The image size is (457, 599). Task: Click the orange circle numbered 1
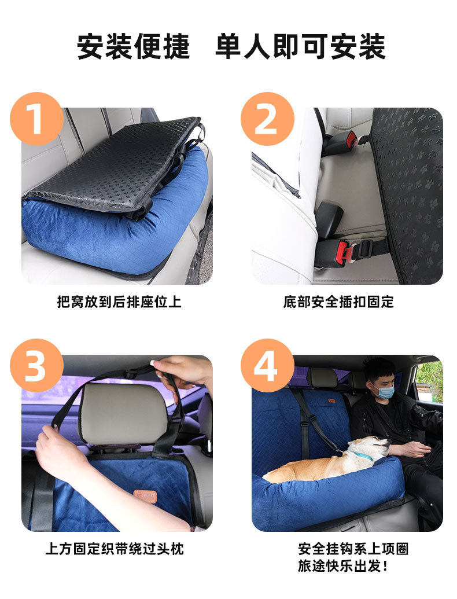tap(36, 119)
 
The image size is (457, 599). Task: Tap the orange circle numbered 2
tap(267, 119)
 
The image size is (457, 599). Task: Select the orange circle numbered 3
tap(36, 366)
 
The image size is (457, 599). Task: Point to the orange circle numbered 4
tap(267, 366)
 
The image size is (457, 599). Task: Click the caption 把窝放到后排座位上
tap(119, 302)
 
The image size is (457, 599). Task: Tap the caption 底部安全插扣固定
tap(338, 302)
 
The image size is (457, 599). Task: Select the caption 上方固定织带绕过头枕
tap(115, 549)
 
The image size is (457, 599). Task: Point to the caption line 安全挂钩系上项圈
tap(353, 549)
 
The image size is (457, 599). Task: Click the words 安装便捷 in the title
tap(133, 47)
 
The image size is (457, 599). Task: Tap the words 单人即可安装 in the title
tap(300, 47)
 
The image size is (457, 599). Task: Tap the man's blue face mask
tap(384, 392)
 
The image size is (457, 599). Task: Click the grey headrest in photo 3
tap(123, 413)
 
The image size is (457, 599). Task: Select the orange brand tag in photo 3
tap(145, 496)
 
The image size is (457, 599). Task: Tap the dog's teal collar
tap(363, 456)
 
